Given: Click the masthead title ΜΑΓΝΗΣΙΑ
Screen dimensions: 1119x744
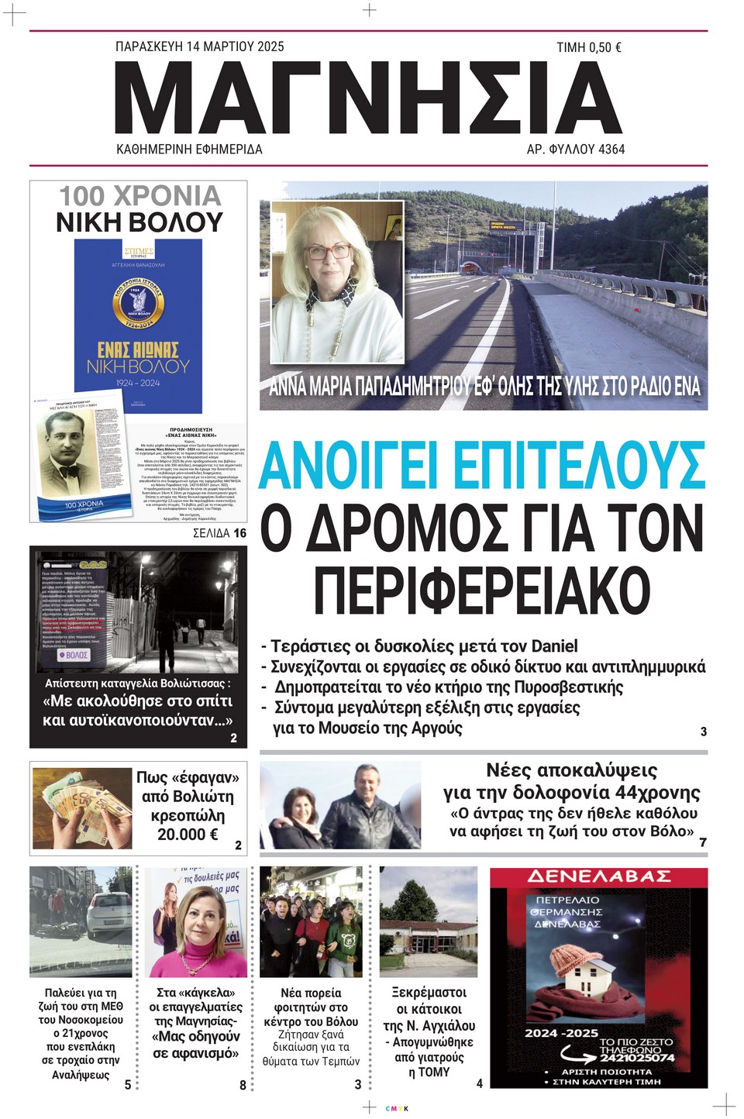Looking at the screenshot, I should pos(369,97).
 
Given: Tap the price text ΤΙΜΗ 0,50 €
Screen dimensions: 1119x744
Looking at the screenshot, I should pos(588,47).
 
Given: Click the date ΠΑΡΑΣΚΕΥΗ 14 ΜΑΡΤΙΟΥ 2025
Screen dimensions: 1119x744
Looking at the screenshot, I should pos(199,46).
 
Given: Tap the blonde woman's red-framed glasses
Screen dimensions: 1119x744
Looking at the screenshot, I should pos(329,252).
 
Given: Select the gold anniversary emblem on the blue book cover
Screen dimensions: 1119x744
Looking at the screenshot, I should pos(138,305).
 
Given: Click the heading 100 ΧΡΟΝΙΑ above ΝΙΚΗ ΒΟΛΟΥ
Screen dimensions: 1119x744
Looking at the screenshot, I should pos(140,196).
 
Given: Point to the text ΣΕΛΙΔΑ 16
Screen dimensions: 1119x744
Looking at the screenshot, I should pos(219,533).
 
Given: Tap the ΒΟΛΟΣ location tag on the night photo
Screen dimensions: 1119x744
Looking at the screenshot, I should pos(74,655).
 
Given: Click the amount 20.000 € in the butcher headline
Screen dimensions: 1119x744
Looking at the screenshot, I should pos(188,835).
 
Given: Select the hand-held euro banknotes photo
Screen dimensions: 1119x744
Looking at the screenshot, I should pos(82,808).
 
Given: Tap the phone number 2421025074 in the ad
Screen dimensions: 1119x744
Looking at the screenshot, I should pos(636,1056).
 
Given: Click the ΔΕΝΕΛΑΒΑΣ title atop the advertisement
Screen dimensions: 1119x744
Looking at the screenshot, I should pos(599,876).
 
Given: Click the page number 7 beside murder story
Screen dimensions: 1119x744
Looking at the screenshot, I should pos(702,842).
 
